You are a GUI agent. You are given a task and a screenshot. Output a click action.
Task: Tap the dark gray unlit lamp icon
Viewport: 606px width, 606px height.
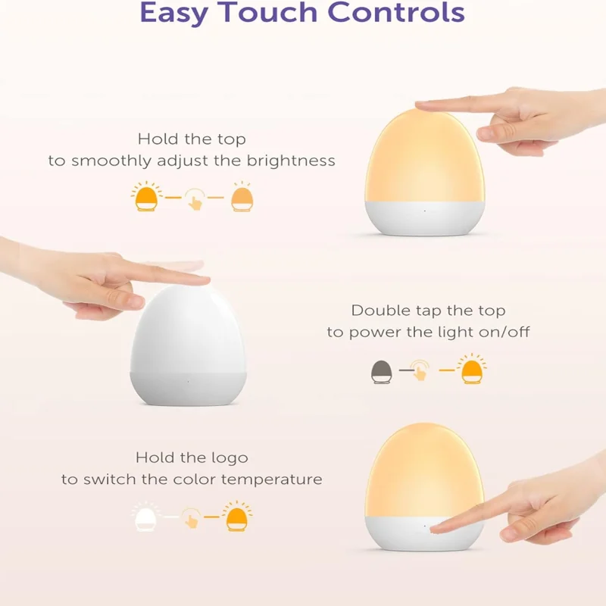(x=381, y=371)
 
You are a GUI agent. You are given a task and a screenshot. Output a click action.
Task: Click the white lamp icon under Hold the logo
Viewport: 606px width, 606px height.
(x=146, y=519)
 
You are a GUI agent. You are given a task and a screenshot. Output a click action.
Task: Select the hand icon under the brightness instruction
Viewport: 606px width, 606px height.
(x=195, y=201)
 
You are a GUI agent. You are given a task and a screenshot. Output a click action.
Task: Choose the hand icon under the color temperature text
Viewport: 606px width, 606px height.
(x=193, y=520)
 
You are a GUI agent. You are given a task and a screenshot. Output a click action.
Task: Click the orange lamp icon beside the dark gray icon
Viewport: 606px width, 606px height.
(x=472, y=370)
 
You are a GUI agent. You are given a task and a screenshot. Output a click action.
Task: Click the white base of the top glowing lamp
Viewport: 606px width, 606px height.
(x=424, y=218)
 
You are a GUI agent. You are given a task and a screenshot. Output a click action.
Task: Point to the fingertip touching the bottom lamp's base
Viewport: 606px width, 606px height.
(x=437, y=527)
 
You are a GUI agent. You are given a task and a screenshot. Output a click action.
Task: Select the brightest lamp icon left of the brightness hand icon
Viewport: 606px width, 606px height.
(x=146, y=199)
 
